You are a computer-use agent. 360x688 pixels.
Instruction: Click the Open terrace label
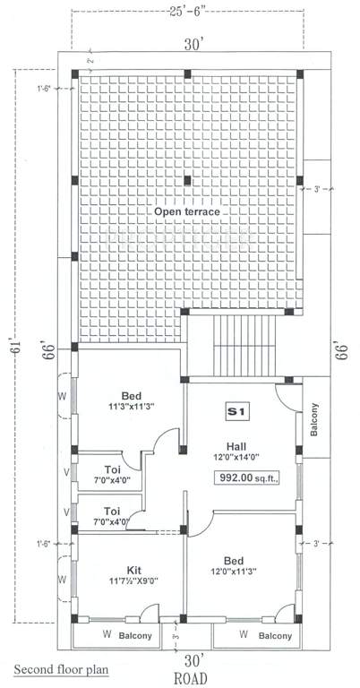(186, 211)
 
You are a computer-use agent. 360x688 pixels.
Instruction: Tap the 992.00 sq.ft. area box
(245, 478)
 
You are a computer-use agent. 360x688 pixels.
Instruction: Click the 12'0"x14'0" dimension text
(237, 458)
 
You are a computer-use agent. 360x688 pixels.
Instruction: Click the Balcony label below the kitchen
(133, 637)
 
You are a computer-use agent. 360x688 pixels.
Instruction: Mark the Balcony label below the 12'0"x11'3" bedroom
(274, 637)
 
